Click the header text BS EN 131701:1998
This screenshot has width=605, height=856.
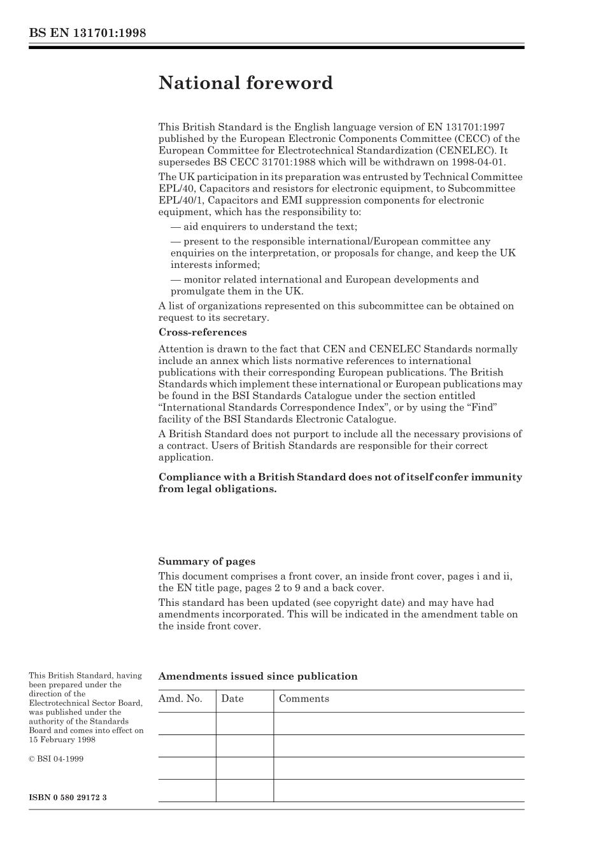pos(87,32)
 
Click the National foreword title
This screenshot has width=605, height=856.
pos(245,83)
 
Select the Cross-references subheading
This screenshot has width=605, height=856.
pos(202,332)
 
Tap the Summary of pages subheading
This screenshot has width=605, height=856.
pos(206,561)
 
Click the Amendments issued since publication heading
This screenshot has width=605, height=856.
pos(257,677)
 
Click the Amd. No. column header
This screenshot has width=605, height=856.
pos(180,699)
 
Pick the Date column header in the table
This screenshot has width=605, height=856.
pos(232,699)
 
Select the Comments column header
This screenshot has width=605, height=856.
pos(304,699)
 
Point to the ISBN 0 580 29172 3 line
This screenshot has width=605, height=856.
pos(68,797)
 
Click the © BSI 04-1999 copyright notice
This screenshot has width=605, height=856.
pos(56,759)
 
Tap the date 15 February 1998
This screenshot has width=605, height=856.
pos(62,740)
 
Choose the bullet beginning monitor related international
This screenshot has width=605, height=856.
pos(324,279)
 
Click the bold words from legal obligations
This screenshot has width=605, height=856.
pos(217,489)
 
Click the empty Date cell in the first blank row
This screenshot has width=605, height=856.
pos(244,724)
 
